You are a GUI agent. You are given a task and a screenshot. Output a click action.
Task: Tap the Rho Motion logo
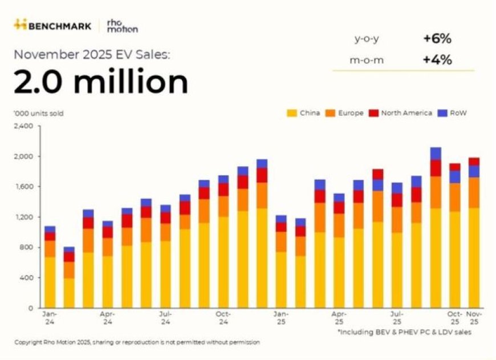(122, 26)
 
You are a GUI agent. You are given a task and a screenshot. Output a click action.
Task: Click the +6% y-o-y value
(437, 39)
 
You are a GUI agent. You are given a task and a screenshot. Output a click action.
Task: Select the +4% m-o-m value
(437, 60)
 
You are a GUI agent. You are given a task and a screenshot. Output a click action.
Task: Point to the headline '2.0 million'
(101, 82)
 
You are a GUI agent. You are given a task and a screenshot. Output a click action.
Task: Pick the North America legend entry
(403, 113)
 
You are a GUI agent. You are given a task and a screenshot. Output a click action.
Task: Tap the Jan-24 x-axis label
(50, 317)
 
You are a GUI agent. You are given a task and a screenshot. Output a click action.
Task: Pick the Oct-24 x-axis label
(223, 317)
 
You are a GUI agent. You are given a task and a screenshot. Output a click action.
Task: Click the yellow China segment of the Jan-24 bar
(50, 282)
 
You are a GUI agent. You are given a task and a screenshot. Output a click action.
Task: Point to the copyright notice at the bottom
(137, 342)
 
